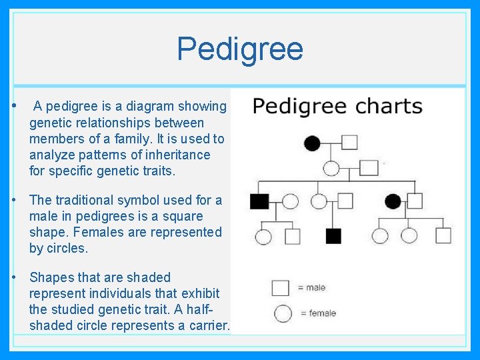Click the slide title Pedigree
240,49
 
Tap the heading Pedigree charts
337,107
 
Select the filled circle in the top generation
312,143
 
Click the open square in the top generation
349,142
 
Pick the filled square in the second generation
259,201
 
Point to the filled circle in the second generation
393,201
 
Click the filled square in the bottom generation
333,236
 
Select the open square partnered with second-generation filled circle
415,201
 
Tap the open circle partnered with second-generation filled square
290,201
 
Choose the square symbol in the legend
281,288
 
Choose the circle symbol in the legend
283,313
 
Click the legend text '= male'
311,288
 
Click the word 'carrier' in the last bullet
205,326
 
